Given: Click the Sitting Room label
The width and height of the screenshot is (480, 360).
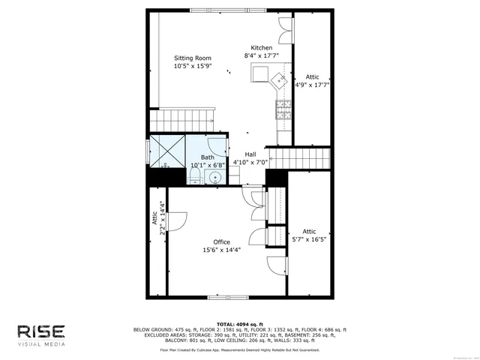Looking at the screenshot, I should point(193,58).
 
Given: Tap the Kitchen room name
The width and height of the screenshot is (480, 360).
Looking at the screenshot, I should point(262,47).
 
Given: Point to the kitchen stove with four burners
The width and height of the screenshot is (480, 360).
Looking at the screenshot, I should point(283,110).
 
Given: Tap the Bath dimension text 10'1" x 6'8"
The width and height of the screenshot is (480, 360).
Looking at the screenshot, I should point(207,165).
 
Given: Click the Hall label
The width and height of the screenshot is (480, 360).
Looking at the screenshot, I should point(250,154).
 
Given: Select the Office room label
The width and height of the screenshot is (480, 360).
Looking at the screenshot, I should point(221,241).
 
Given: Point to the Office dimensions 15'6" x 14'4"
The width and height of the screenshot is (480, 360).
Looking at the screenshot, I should point(221,250).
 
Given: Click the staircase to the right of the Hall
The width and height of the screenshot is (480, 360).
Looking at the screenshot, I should point(300,158).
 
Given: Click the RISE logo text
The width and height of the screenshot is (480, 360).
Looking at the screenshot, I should point(41,331).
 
